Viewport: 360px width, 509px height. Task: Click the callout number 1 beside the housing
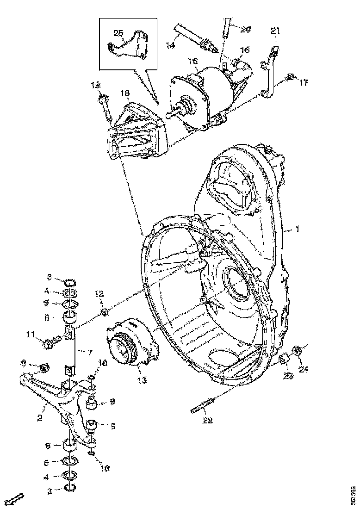tap(298, 229)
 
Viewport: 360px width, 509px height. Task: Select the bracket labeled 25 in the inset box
tap(128, 49)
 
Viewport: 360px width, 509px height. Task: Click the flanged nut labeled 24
tap(298, 351)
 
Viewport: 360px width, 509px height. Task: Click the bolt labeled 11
tap(49, 343)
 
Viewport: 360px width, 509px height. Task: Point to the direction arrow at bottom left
tap(17, 499)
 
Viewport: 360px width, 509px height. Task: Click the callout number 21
tap(275, 31)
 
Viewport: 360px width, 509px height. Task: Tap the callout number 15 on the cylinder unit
tap(192, 61)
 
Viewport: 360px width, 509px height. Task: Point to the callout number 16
tap(244, 49)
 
